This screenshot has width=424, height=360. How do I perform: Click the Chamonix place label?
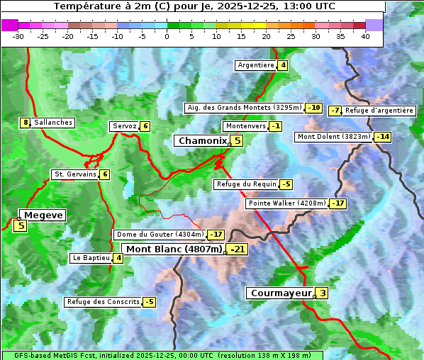[x=202, y=141]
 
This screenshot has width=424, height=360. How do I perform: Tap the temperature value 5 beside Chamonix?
[x=238, y=141]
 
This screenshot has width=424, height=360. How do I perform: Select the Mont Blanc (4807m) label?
[x=174, y=249]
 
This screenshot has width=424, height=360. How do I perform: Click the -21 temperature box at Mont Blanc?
[x=238, y=249]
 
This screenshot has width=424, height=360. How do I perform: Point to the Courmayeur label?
[x=281, y=293]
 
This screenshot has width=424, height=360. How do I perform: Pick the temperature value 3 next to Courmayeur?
[x=323, y=293]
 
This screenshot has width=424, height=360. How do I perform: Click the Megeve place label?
[x=43, y=215]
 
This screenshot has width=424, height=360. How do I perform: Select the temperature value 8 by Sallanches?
[x=26, y=123]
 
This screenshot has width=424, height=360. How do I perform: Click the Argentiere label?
[x=256, y=65]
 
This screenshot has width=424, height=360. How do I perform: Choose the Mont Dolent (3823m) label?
[x=334, y=137]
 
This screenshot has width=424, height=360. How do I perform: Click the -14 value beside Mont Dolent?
[x=383, y=137]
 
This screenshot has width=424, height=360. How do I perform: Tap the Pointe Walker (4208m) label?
[x=286, y=203]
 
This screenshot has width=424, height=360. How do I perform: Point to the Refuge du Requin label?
[x=246, y=184]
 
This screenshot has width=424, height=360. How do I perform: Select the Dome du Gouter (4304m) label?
[x=160, y=235]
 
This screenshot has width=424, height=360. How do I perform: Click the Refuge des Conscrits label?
[x=103, y=302]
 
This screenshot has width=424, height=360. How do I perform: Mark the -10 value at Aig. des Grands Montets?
[x=314, y=108]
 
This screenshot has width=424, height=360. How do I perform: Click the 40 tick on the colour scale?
[x=365, y=36]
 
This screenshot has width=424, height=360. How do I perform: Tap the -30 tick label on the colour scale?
[x=18, y=36]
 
